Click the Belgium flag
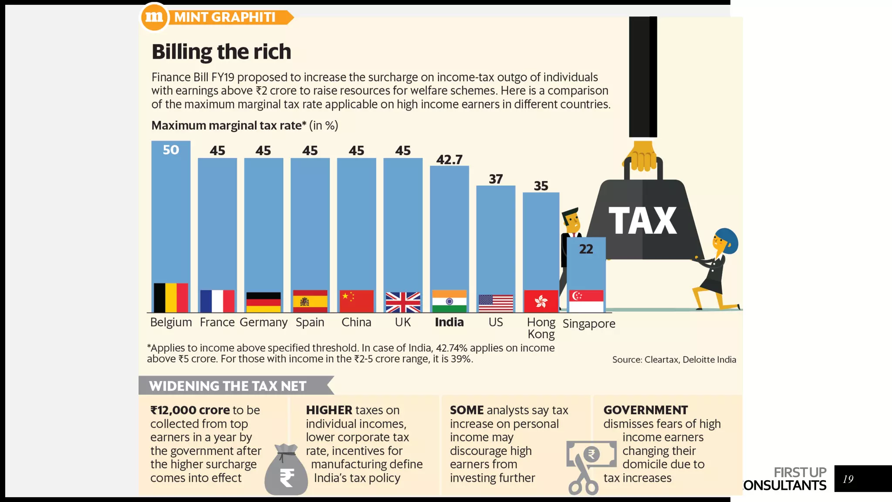pos(171,298)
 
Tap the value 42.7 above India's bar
pos(449,159)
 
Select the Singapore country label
pos(588,324)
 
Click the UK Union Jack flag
pos(403,302)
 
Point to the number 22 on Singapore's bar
pos(586,249)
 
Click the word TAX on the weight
pos(642,221)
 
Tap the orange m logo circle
pos(154,17)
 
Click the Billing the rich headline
pos(221,51)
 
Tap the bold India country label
pos(449,322)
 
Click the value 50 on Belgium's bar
pos(171,150)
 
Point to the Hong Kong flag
pos(541,301)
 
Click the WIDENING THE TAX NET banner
pos(228,386)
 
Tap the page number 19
pos(848,479)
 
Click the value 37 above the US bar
pos(496,179)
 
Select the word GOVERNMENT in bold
pos(645,410)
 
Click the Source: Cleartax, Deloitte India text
pos(674,360)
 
